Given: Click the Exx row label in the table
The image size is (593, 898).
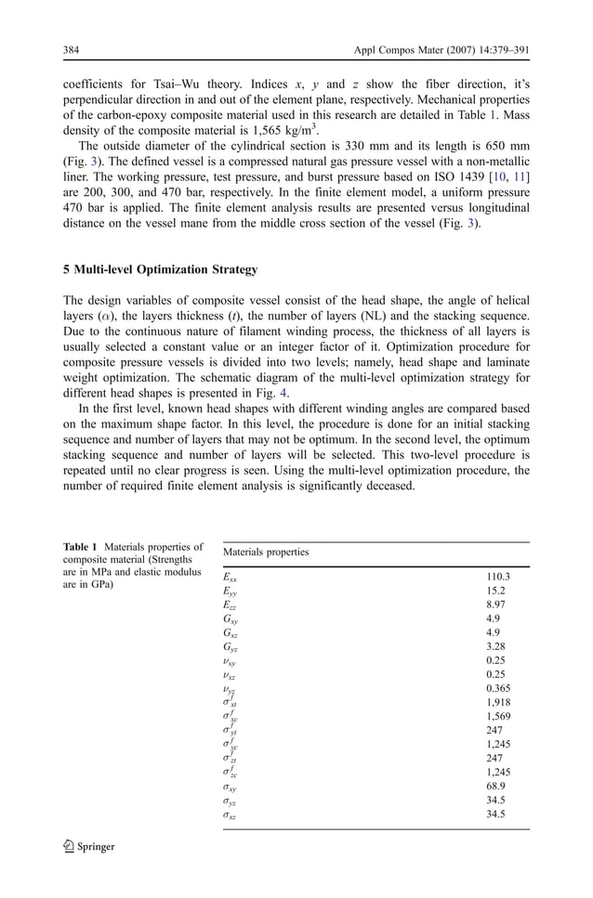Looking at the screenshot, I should pyautogui.click(x=230, y=577).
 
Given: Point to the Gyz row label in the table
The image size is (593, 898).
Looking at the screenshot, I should pyautogui.click(x=229, y=646).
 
